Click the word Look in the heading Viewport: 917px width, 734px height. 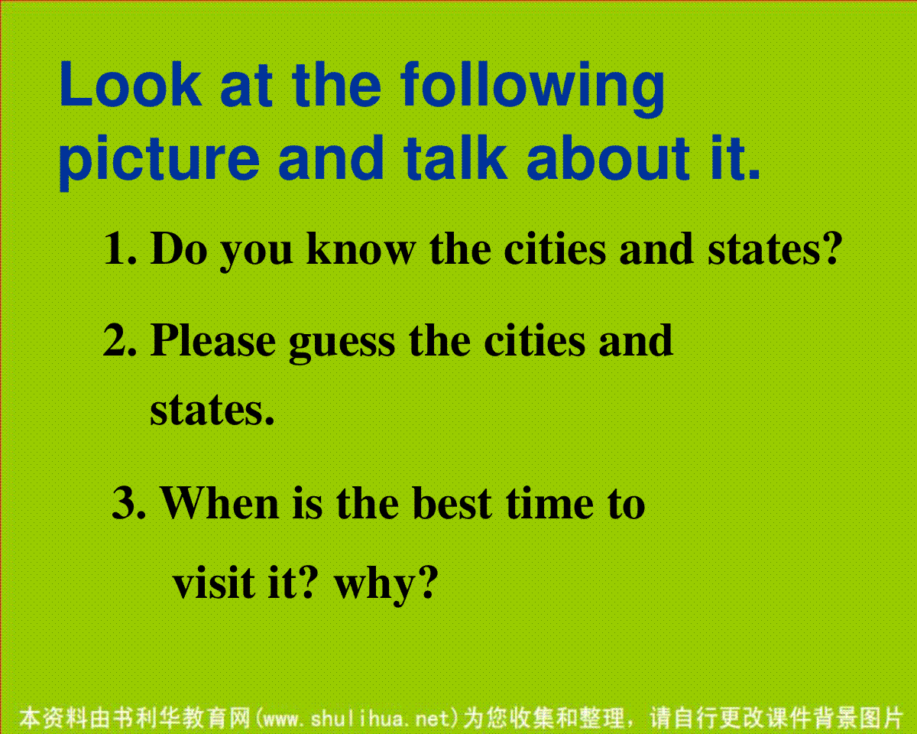[131, 84]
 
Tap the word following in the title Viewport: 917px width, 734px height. [533, 89]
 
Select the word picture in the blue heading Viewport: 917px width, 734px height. [159, 161]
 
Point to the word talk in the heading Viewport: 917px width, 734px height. [455, 158]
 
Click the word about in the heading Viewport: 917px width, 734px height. [608, 158]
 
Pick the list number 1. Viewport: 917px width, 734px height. [120, 248]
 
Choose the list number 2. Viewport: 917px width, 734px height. [120, 340]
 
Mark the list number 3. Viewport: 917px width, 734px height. [128, 503]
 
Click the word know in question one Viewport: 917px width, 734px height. [361, 248]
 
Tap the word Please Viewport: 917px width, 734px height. [213, 340]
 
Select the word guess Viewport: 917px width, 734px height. [342, 345]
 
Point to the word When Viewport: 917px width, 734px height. [220, 503]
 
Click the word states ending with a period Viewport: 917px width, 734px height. [212, 411]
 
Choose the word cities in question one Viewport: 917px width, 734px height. [555, 248]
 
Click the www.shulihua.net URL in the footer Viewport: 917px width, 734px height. [357, 719]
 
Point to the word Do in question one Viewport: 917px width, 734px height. [179, 248]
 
